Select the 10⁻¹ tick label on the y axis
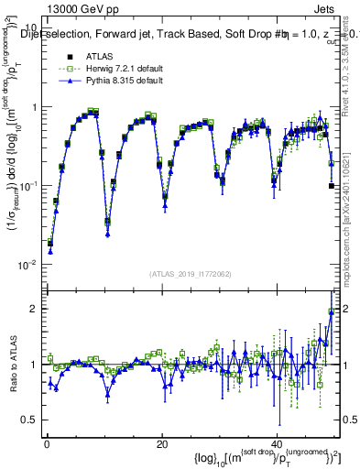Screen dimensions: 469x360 [x=27, y=186]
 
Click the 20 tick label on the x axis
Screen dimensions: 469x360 [x=161, y=443]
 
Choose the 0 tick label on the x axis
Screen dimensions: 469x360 [x=46, y=443]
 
